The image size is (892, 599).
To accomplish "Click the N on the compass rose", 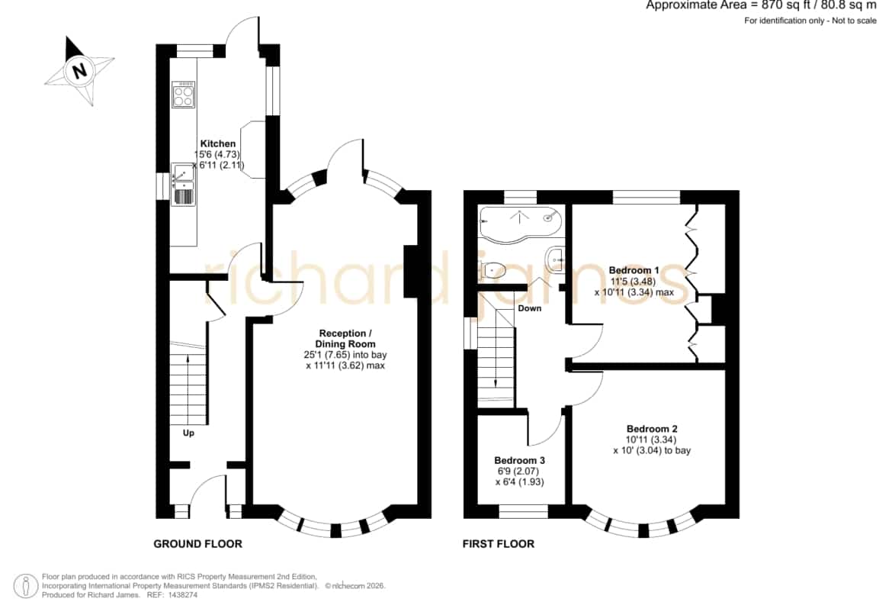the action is point(79,71).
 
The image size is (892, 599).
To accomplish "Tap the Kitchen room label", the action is point(218,143).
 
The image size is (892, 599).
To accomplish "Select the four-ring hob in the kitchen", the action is point(184,95).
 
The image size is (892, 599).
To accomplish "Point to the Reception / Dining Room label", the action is point(345,338).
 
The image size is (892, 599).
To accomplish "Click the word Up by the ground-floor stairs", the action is point(188,433).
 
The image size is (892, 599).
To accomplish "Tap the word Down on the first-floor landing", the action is point(530,308).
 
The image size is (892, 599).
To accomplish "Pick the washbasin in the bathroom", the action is point(555,259).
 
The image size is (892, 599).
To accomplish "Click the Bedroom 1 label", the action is point(634,270).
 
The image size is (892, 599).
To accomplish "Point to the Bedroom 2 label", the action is point(652,429).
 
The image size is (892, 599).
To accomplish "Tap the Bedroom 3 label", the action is point(519,460).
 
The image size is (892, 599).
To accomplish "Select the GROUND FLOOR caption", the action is point(198,544).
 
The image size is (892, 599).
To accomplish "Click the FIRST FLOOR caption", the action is point(499,544).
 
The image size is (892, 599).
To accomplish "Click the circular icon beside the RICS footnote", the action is point(26,585).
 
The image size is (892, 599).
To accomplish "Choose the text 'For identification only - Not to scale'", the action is point(810,21).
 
